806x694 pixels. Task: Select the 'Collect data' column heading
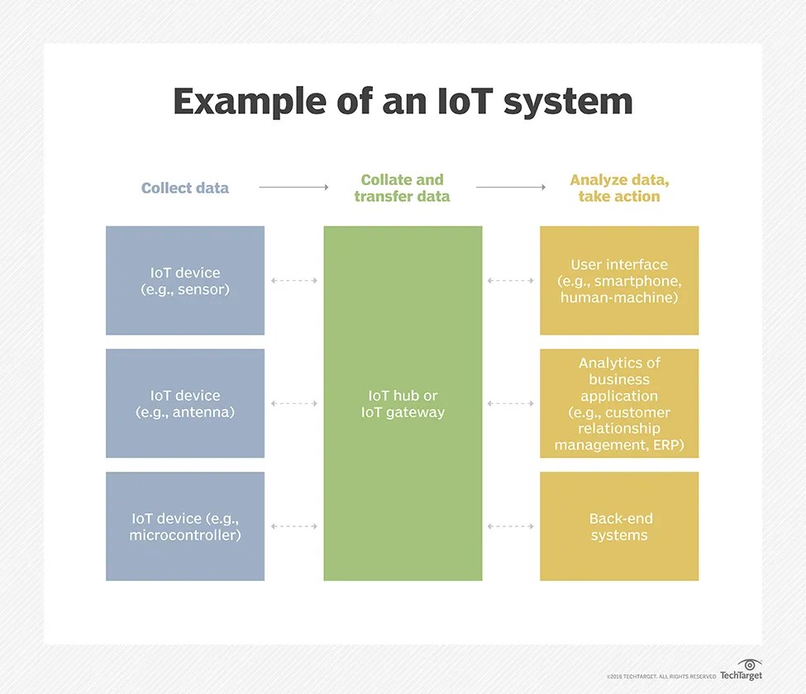(184, 188)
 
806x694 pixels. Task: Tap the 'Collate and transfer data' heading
(402, 188)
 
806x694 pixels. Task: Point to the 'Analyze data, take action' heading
(618, 188)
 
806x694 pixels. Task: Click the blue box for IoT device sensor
(185, 281)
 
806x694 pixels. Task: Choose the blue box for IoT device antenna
(185, 403)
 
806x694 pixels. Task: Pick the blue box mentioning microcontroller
(185, 526)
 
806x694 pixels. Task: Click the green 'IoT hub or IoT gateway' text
(403, 404)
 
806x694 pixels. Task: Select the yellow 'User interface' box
(619, 281)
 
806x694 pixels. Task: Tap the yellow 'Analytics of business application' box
(619, 403)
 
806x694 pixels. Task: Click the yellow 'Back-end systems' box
(619, 526)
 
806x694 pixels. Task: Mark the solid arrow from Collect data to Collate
(293, 188)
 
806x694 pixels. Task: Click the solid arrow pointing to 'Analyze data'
(510, 188)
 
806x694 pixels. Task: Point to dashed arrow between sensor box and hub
(293, 281)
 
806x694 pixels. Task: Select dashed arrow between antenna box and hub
(293, 403)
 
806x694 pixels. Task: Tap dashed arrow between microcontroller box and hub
(293, 526)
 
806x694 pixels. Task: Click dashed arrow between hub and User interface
(510, 281)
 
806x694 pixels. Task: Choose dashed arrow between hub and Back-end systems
(510, 526)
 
